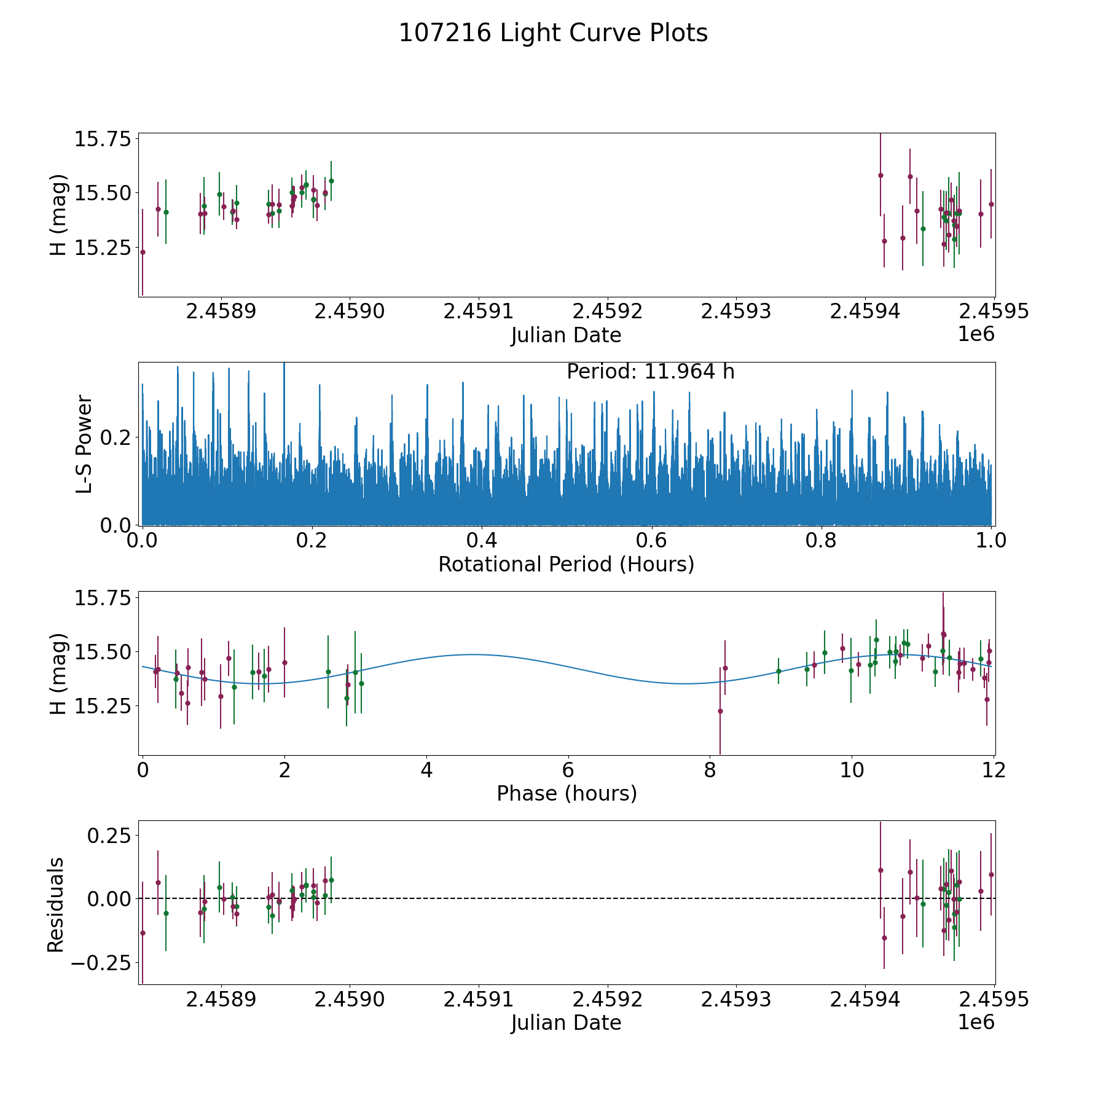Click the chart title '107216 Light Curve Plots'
coord(553,33)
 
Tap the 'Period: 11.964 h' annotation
coord(650,372)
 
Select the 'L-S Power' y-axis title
coord(84,444)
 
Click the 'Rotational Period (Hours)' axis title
coord(566,564)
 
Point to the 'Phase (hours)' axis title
coord(567,793)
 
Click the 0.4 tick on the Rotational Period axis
coord(482,541)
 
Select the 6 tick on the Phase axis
coord(568,770)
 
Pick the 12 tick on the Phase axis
coord(994,770)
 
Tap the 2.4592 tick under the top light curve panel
coord(607,312)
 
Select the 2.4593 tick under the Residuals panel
coord(736,999)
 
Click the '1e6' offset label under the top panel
coord(976,334)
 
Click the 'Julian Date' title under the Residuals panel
coord(566,1022)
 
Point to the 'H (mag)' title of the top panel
coord(57,214)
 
